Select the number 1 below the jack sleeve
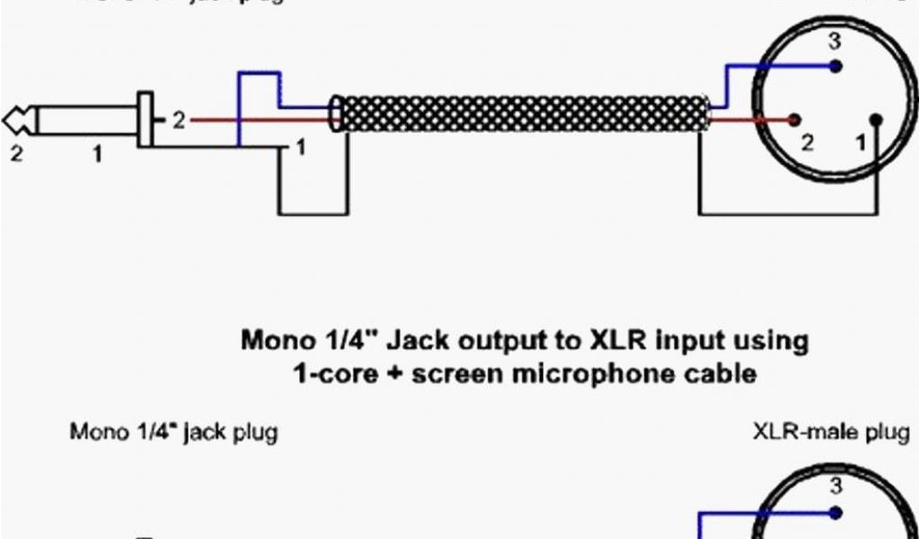pyautogui.click(x=98, y=155)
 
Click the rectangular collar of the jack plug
pyautogui.click(x=145, y=119)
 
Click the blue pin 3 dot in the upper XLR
pyautogui.click(x=836, y=66)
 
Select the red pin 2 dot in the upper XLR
pyautogui.click(x=794, y=119)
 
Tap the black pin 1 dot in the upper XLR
pyautogui.click(x=877, y=119)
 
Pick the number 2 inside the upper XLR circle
pyautogui.click(x=806, y=143)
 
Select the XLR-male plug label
pyautogui.click(x=829, y=432)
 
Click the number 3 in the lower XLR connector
pyautogui.click(x=836, y=489)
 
